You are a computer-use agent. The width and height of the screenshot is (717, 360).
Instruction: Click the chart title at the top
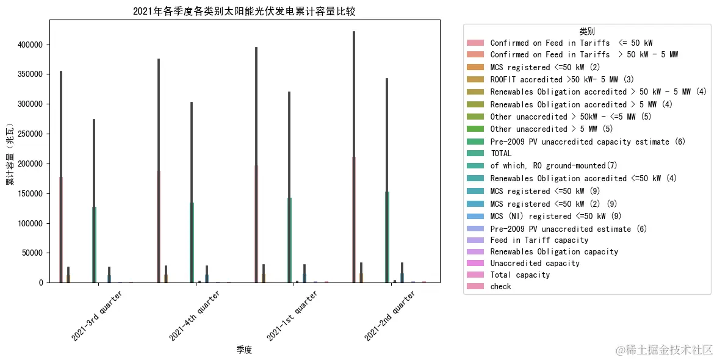coord(243,12)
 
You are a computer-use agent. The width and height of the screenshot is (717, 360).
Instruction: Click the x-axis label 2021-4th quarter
coord(195,315)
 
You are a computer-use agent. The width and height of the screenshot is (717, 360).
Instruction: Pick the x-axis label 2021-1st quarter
coord(292,315)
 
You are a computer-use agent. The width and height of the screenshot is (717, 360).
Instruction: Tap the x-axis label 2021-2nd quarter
coord(390,315)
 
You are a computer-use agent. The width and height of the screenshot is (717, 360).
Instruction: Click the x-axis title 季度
coord(244,350)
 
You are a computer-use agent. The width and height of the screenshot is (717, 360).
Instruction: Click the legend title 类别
coord(587,31)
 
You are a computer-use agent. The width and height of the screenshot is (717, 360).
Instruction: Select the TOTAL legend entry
coord(501,154)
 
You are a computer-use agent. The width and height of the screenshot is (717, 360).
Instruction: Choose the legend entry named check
coord(500,286)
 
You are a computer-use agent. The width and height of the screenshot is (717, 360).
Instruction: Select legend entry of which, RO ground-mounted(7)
coord(553,166)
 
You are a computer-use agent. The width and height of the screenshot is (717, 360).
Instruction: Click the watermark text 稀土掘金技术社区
coord(664,350)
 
